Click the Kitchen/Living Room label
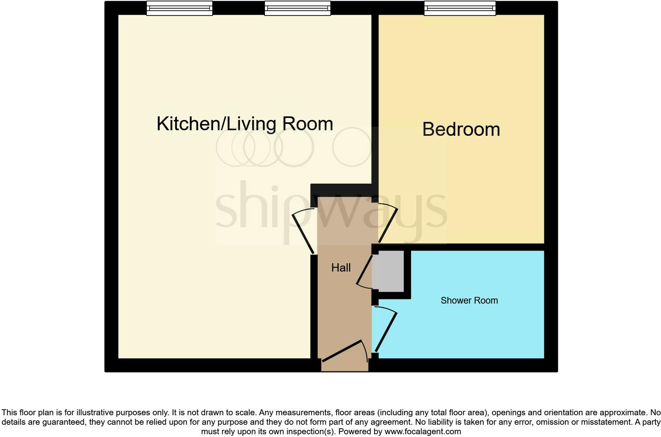coord(245,124)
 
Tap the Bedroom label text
coord(461,129)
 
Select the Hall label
coord(341,268)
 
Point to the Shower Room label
coord(469,300)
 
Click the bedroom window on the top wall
coord(459,8)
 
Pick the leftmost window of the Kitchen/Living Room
coord(179,8)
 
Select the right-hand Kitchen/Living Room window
coord(297,8)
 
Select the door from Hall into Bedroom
coord(388,225)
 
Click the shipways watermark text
coord(331,210)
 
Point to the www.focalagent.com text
coord(423,431)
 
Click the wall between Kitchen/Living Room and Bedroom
coord(375,99)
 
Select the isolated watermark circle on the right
coord(352,147)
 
